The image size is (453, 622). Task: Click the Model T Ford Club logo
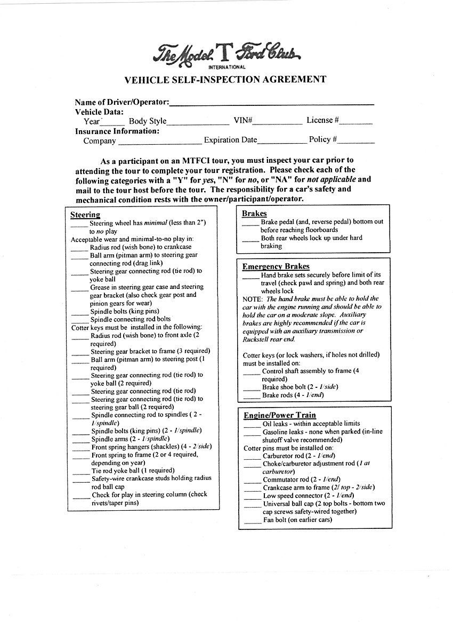[x=227, y=53]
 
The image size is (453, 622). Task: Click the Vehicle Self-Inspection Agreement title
[x=225, y=80]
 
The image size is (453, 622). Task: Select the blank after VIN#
[x=277, y=123]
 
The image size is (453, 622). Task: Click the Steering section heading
[x=85, y=215]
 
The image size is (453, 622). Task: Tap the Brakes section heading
[x=254, y=213]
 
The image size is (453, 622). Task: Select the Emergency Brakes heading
[x=276, y=266]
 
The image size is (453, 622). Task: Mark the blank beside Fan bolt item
[x=253, y=523]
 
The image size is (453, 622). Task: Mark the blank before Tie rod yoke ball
[x=81, y=473]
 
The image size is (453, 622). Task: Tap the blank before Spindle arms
[x=81, y=442]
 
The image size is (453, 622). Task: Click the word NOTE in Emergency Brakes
[x=252, y=299]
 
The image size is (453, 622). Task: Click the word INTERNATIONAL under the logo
[x=226, y=67]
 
